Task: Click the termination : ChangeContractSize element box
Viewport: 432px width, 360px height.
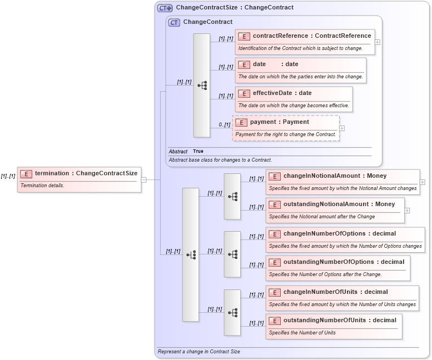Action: pos(79,173)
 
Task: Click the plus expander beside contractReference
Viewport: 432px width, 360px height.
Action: pos(378,42)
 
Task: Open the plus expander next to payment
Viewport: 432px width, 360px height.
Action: pos(342,128)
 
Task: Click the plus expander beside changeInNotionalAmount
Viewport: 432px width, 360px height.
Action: pos(423,182)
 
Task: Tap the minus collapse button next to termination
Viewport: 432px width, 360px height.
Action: pos(143,179)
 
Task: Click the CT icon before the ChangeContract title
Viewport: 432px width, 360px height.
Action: pos(174,22)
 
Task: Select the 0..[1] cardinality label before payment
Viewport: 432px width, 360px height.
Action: pos(224,124)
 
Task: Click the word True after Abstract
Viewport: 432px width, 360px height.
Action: pos(198,151)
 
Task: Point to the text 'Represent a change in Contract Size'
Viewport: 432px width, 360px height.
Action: pos(198,352)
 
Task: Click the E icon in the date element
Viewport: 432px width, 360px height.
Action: pos(244,64)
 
